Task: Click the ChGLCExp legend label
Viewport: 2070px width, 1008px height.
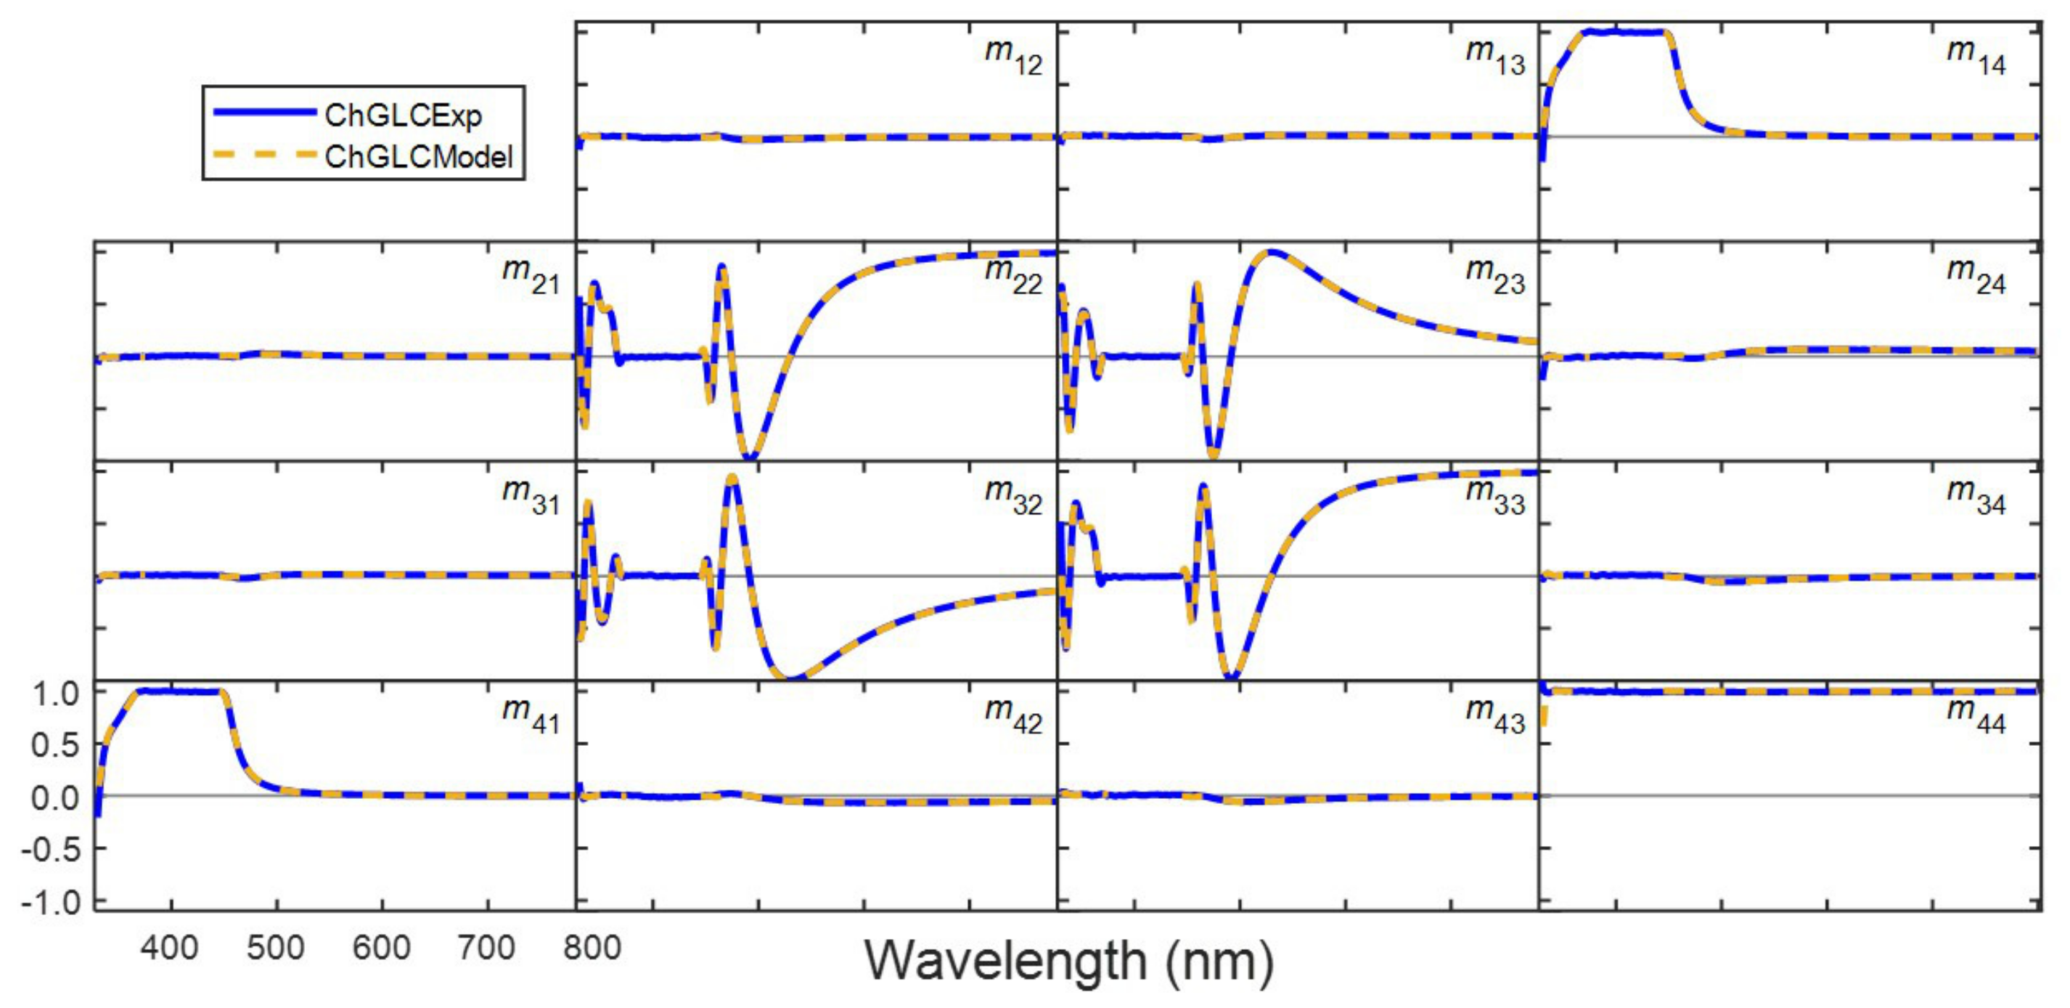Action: (x=403, y=115)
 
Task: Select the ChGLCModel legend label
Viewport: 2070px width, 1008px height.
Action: (x=418, y=157)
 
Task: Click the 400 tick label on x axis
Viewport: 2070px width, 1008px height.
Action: (x=170, y=948)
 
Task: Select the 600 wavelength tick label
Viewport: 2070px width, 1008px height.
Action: (x=382, y=948)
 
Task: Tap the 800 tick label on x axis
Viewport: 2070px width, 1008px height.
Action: (x=592, y=948)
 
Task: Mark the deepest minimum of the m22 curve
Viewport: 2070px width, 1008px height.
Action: (x=750, y=458)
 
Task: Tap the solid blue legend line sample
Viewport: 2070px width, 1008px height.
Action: (x=263, y=113)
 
